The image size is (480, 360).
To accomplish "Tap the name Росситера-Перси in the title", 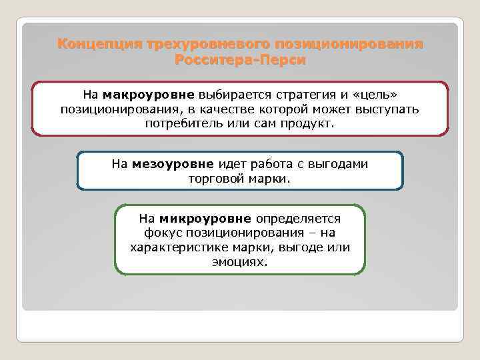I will click(x=240, y=61).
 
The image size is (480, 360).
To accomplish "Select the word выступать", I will click(x=389, y=109).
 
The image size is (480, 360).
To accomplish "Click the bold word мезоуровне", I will click(x=173, y=164).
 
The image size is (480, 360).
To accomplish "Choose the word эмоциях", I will click(x=240, y=262).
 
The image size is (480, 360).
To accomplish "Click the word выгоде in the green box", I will click(x=298, y=247).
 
